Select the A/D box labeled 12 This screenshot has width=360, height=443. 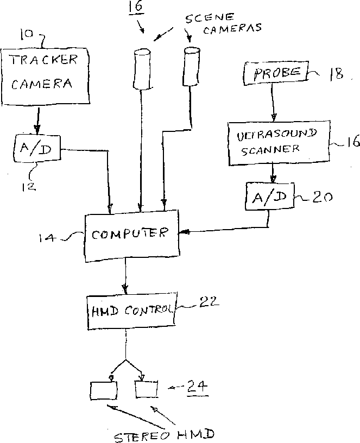[37, 148]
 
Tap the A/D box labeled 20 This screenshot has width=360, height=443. [270, 197]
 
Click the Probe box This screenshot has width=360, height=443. [276, 73]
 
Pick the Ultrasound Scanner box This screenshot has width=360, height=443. [279, 143]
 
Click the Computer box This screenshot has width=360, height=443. [132, 236]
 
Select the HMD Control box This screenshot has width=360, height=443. [132, 311]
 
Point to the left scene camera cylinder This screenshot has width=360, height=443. [143, 69]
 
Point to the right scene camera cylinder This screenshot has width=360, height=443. [192, 67]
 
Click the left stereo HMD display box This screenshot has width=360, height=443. [103, 390]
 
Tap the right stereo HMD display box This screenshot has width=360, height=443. [147, 389]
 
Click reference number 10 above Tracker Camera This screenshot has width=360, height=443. [26, 34]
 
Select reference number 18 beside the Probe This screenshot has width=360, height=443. [336, 74]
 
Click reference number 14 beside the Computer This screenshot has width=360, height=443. [47, 238]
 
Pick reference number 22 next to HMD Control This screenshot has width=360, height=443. [209, 302]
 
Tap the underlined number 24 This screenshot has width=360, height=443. [197, 387]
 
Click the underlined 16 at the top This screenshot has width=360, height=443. [136, 7]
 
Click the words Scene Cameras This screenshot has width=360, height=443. [223, 23]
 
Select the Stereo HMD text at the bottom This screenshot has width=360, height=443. [165, 435]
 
